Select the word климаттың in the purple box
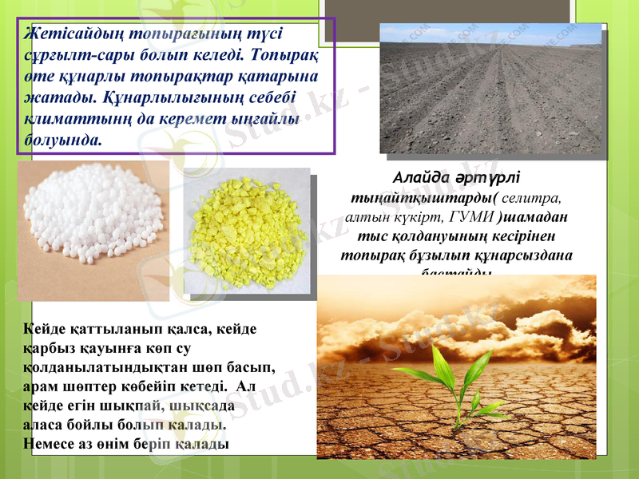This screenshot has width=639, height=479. pyautogui.click(x=64, y=120)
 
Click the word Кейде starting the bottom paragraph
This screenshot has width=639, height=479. pyautogui.click(x=47, y=329)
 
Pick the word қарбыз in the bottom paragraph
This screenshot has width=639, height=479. pyautogui.click(x=49, y=348)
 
